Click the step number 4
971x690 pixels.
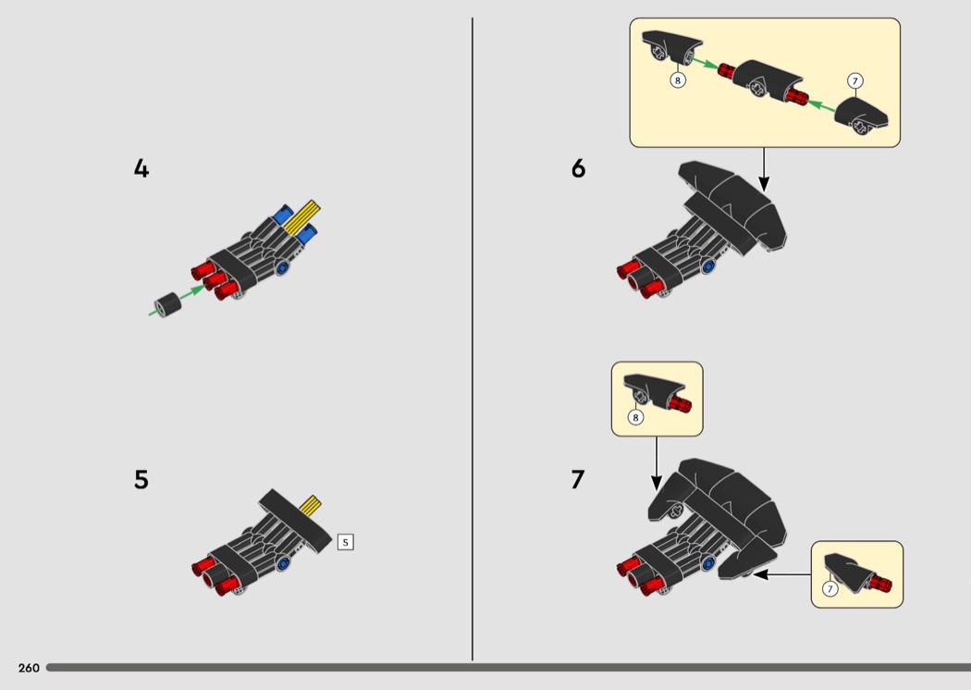click(x=141, y=168)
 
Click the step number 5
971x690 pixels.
click(x=141, y=479)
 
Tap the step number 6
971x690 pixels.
click(x=578, y=168)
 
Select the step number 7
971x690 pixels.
click(x=578, y=479)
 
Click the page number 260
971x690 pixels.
click(x=29, y=668)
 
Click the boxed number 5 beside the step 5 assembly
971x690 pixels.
click(x=346, y=543)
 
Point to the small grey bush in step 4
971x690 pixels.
click(x=167, y=304)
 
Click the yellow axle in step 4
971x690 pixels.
click(x=302, y=216)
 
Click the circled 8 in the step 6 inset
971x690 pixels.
click(x=678, y=80)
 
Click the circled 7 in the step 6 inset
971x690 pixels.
click(x=855, y=81)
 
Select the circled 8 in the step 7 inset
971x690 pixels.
click(x=635, y=417)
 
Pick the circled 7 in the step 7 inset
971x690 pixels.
click(x=830, y=588)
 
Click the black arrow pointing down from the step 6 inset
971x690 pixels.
click(x=764, y=169)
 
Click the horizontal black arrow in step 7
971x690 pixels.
click(x=782, y=574)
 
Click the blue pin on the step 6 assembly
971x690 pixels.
click(x=707, y=266)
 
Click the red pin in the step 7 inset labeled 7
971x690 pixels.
click(x=880, y=584)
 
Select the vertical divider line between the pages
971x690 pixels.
click(x=473, y=339)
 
